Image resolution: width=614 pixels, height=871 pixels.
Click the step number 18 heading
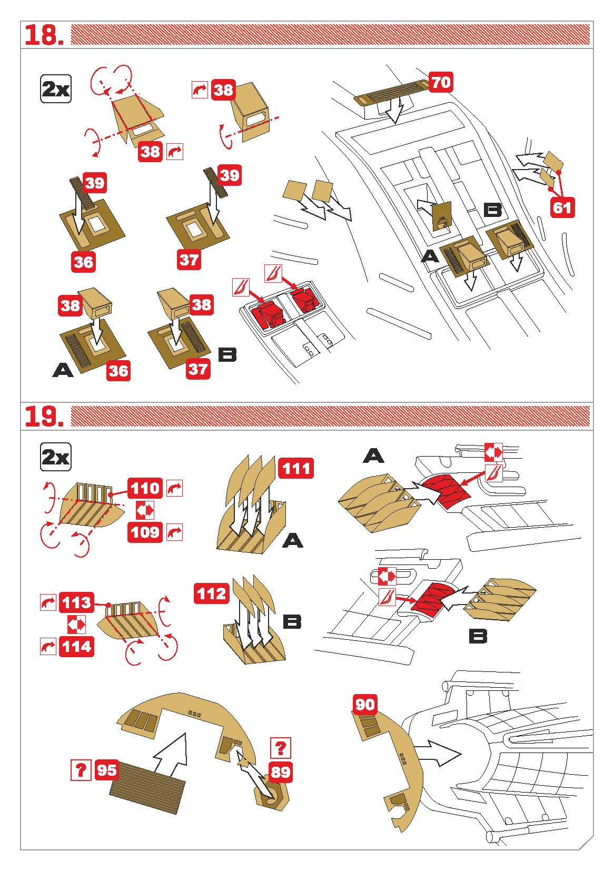(x=44, y=35)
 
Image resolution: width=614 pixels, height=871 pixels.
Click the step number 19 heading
(x=44, y=417)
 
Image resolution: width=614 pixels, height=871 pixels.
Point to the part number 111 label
(x=296, y=468)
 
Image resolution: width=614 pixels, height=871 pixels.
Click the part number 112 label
(x=212, y=593)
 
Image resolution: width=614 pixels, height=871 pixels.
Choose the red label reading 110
(x=145, y=488)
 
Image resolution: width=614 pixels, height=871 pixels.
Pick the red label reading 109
(x=145, y=532)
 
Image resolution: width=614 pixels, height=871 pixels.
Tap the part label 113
(x=76, y=602)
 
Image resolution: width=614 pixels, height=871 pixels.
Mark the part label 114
(x=76, y=646)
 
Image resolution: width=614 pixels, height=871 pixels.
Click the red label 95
(x=107, y=770)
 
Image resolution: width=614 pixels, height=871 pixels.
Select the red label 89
(x=281, y=771)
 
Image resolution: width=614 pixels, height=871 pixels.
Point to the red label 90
(x=365, y=705)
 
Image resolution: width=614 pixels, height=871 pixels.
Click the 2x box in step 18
(x=56, y=89)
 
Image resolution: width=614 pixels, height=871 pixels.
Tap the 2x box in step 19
(x=56, y=457)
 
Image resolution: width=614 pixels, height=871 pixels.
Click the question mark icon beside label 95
(x=81, y=770)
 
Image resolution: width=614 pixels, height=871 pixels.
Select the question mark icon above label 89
(x=281, y=747)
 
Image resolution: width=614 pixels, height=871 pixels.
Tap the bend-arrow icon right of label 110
(x=174, y=488)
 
